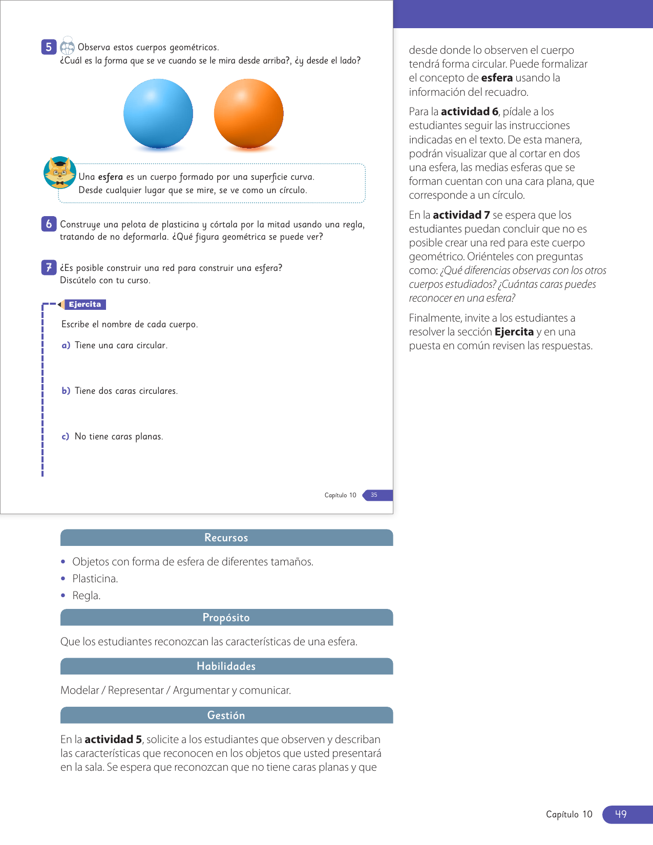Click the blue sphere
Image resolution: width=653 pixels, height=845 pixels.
pyautogui.click(x=158, y=114)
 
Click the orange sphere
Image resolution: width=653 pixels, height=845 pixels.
pyautogui.click(x=248, y=114)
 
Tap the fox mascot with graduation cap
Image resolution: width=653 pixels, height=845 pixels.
pyautogui.click(x=60, y=173)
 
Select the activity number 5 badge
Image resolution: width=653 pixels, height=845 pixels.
pyautogui.click(x=49, y=47)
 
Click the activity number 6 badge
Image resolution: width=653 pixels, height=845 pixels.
pyautogui.click(x=49, y=224)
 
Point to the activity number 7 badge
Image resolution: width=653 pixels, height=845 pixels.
pyautogui.click(x=49, y=267)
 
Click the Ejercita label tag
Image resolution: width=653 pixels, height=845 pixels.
pyautogui.click(x=85, y=304)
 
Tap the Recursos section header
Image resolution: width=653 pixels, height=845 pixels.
pyautogui.click(x=226, y=538)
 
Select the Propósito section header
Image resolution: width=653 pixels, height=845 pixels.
pyautogui.click(x=226, y=618)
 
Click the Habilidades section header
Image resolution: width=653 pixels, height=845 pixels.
pyautogui.click(x=226, y=666)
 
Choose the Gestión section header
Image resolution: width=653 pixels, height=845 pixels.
pyautogui.click(x=226, y=715)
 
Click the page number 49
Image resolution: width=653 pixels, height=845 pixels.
pyautogui.click(x=621, y=814)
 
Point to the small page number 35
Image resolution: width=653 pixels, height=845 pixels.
pyautogui.click(x=374, y=495)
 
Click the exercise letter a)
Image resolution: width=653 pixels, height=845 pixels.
pyautogui.click(x=66, y=346)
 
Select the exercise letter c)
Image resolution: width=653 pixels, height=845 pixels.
pyautogui.click(x=65, y=437)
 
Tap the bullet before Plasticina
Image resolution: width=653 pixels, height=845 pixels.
pyautogui.click(x=63, y=579)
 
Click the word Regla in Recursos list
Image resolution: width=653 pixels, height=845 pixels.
pyautogui.click(x=86, y=596)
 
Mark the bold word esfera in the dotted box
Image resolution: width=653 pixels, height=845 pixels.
pyautogui.click(x=111, y=177)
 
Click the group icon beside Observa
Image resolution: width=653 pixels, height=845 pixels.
pyautogui.click(x=68, y=46)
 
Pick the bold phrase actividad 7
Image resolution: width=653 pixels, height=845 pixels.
pyautogui.click(x=461, y=215)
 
